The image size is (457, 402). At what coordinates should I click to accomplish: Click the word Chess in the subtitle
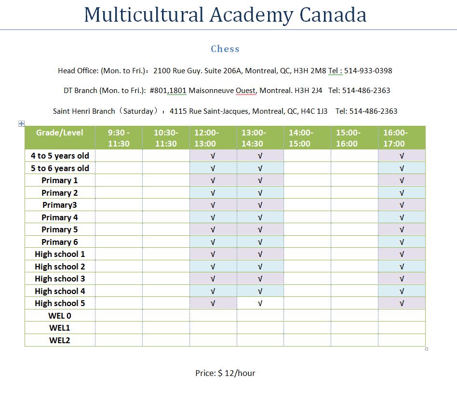coord(225,49)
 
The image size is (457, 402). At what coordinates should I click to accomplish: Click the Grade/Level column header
coord(60,133)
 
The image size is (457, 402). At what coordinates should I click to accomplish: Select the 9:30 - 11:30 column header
coord(119,138)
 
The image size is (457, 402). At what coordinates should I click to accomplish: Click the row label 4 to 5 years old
coord(60,156)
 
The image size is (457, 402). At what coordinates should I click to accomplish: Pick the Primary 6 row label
coord(60,242)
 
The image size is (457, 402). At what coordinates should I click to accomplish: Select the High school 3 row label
coord(60,279)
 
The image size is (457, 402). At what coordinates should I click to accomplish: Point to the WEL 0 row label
coord(60,316)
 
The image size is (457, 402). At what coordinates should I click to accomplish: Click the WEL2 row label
coord(60,340)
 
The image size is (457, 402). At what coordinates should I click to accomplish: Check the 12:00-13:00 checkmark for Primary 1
coord(213,181)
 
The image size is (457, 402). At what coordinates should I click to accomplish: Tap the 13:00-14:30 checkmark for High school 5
coord(260,304)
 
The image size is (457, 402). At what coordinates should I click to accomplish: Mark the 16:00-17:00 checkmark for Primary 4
coord(402,217)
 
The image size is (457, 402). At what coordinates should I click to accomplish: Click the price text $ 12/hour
coord(236,373)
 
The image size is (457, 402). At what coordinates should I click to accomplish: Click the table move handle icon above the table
coord(21,123)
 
